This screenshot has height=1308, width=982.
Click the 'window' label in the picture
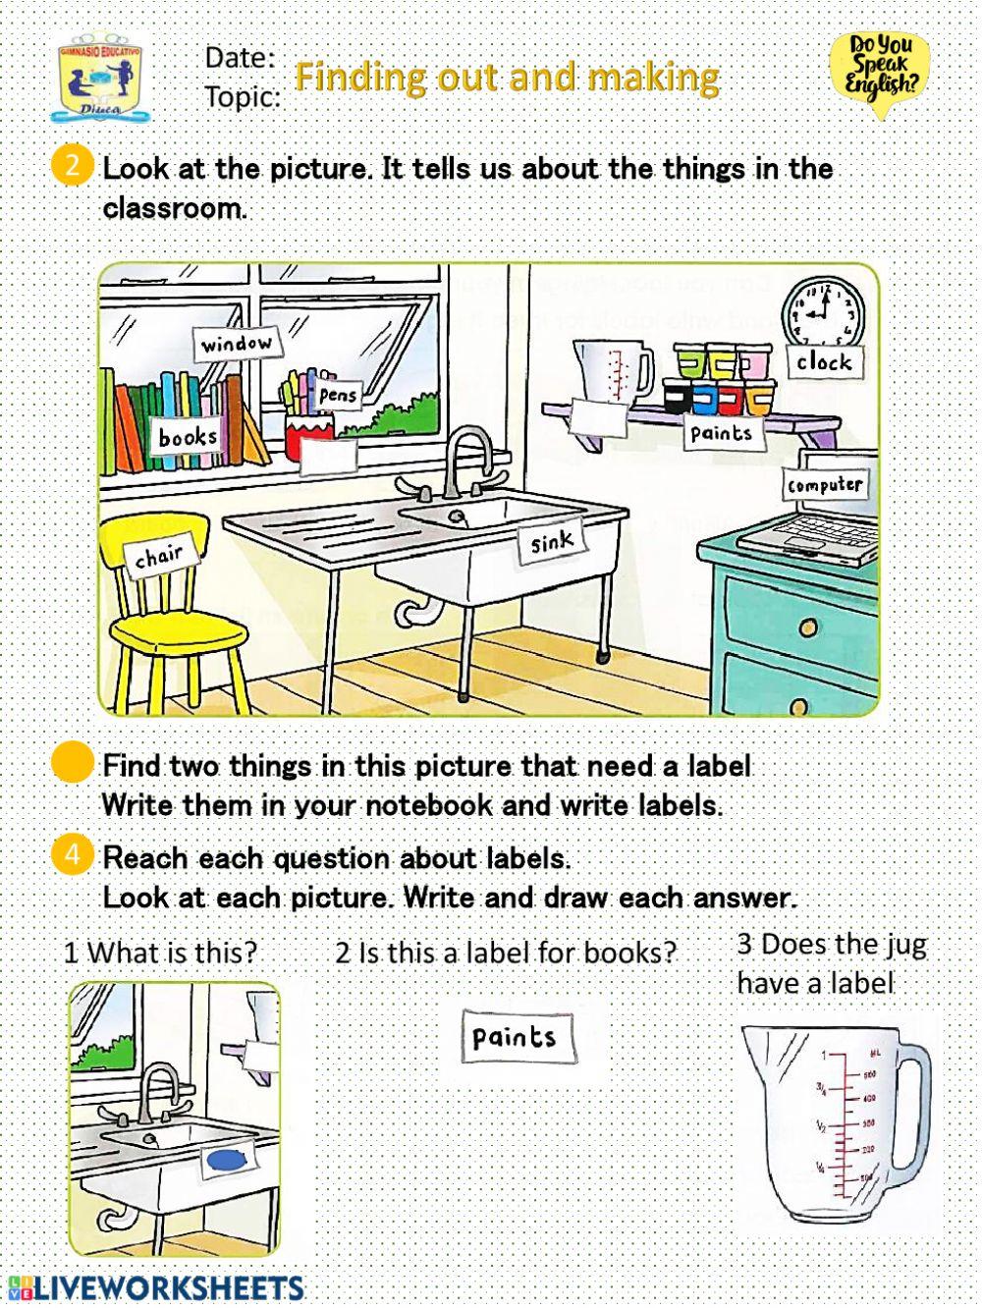[237, 344]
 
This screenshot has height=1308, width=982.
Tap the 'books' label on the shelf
[188, 436]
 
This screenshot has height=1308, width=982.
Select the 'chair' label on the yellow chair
[159, 557]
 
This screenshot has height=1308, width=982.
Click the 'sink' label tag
[551, 542]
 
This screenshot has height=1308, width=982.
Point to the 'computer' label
[825, 484]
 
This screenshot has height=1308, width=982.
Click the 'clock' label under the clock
[824, 361]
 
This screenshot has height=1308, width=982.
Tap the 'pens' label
[338, 395]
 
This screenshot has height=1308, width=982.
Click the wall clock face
[823, 309]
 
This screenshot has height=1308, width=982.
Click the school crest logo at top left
[103, 79]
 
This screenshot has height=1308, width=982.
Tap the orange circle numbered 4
[72, 854]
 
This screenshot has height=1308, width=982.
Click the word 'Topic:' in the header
[242, 96]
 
